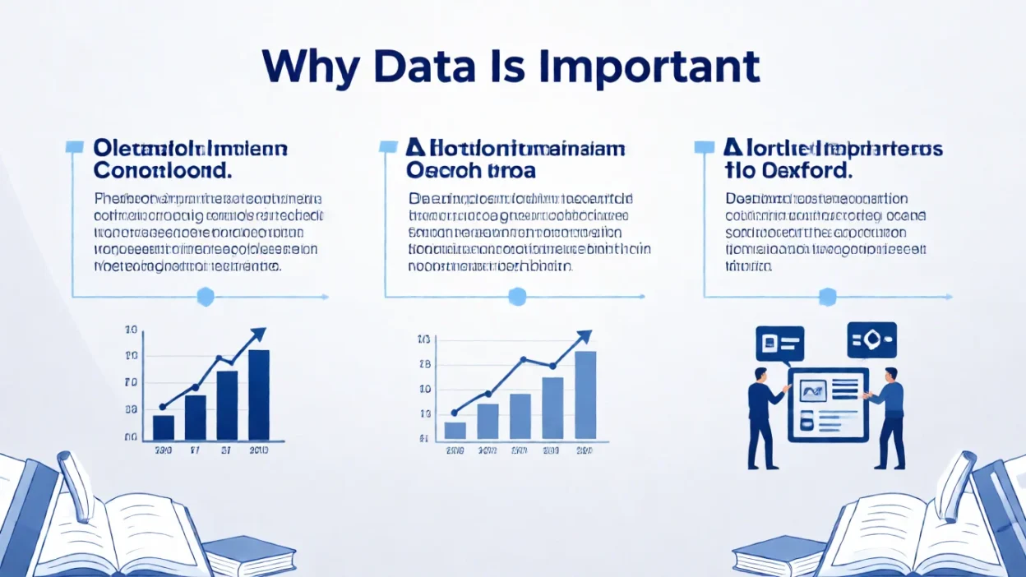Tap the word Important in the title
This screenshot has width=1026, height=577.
click(x=649, y=67)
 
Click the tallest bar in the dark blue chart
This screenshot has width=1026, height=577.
click(x=259, y=395)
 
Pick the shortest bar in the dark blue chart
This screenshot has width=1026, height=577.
click(x=164, y=427)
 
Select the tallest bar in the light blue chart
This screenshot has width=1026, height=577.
click(x=585, y=395)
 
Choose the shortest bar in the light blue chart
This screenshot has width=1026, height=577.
click(x=455, y=429)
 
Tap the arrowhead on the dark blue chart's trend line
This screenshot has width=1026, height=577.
click(x=258, y=334)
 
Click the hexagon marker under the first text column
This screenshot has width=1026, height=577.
click(x=205, y=296)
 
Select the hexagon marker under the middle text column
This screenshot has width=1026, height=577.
click(x=517, y=296)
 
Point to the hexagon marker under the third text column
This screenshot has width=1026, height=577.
click(x=827, y=296)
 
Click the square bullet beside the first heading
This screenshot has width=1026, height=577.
click(x=74, y=147)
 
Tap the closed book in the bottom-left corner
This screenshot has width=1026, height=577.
click(x=248, y=555)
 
